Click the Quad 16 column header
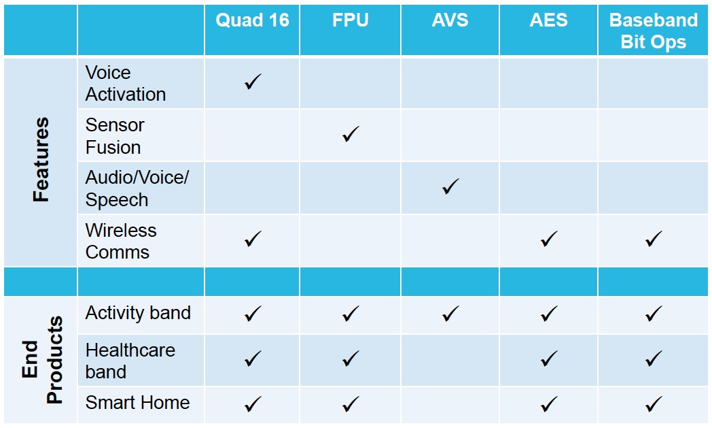pyautogui.click(x=252, y=20)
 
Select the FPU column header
pyautogui.click(x=350, y=20)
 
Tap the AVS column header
pyautogui.click(x=450, y=20)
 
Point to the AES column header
pyautogui.click(x=548, y=20)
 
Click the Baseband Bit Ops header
pyautogui.click(x=653, y=31)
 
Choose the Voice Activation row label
pyautogui.click(x=125, y=84)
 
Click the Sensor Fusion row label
pyautogui.click(x=114, y=136)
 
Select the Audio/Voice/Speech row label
pyautogui.click(x=137, y=188)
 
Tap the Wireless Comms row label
pyautogui.click(x=121, y=241)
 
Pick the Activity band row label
pyautogui.click(x=138, y=313)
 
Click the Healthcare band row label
pyautogui.click(x=130, y=361)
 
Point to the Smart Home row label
pyautogui.click(x=138, y=403)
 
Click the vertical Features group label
pyautogui.click(x=41, y=160)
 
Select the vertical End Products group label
pyautogui.click(x=41, y=360)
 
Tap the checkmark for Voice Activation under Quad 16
pyautogui.click(x=253, y=82)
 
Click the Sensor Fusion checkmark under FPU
pyautogui.click(x=351, y=134)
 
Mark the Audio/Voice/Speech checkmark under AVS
pyautogui.click(x=450, y=186)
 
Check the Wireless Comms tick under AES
pyautogui.click(x=549, y=240)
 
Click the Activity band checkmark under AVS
pyautogui.click(x=450, y=314)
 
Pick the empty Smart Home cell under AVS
pyautogui.click(x=450, y=405)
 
